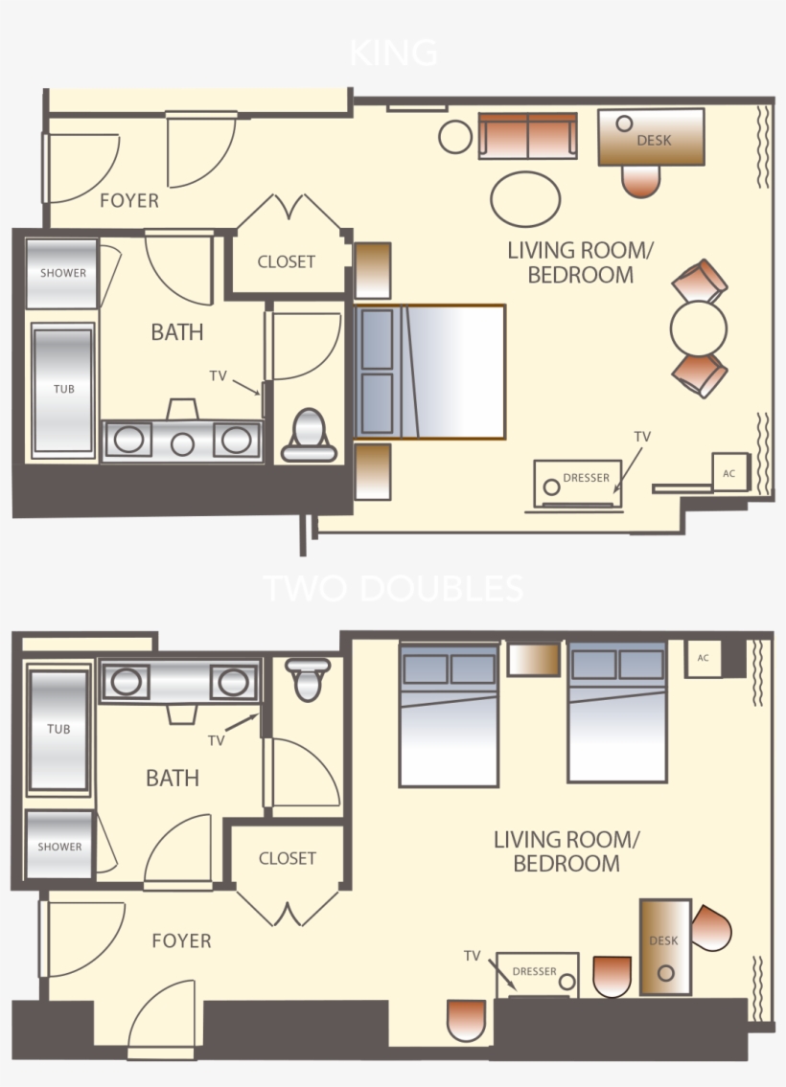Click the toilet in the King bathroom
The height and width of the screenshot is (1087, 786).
[x=309, y=437]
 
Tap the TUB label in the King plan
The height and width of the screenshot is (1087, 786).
[x=63, y=390]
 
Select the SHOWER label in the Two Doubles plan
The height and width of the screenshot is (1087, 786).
[x=59, y=847]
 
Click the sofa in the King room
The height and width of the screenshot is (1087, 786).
[x=528, y=137]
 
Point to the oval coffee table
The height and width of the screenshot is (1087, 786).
[x=525, y=199]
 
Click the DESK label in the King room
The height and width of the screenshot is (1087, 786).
[x=654, y=140]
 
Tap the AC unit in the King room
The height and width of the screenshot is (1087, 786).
[x=728, y=473]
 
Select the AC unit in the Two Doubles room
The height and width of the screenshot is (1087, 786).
[x=704, y=659]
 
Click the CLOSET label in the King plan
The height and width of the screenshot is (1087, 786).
[x=287, y=261]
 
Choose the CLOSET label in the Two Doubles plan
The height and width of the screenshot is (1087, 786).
[x=287, y=858]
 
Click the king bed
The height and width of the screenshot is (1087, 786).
[x=430, y=372]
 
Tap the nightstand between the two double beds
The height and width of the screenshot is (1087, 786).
[x=532, y=659]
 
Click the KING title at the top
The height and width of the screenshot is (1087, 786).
[x=393, y=53]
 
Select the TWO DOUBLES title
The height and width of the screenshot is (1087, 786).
[x=393, y=587]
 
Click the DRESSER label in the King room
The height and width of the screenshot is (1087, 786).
[x=586, y=477]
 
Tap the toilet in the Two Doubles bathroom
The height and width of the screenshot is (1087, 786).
[x=308, y=679]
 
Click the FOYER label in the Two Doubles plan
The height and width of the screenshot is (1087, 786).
[x=181, y=940]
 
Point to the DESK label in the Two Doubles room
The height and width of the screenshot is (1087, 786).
[x=663, y=940]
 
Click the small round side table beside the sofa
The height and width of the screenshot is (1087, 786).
[x=455, y=137]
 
